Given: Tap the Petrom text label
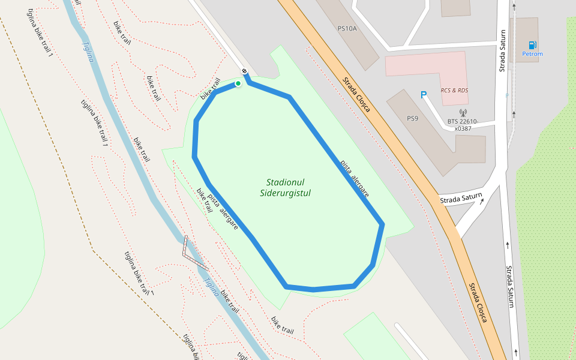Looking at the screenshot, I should tap(532, 54).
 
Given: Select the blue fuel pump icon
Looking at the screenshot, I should tap(532, 45).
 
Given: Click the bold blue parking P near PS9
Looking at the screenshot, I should tap(423, 95).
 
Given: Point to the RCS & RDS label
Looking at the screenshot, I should tap(454, 91).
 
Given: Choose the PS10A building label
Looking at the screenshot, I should tap(347, 28).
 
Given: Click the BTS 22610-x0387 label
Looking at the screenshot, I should tap(463, 125).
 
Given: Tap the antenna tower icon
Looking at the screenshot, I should tap(463, 112).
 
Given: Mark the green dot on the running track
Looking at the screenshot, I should tap(238, 83).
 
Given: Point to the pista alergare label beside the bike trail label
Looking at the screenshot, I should tap(223, 212).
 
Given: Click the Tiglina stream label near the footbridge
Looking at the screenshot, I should tap(212, 286).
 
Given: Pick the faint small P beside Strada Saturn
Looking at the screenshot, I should tap(507, 95).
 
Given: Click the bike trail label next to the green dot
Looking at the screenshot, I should tap(211, 88).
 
